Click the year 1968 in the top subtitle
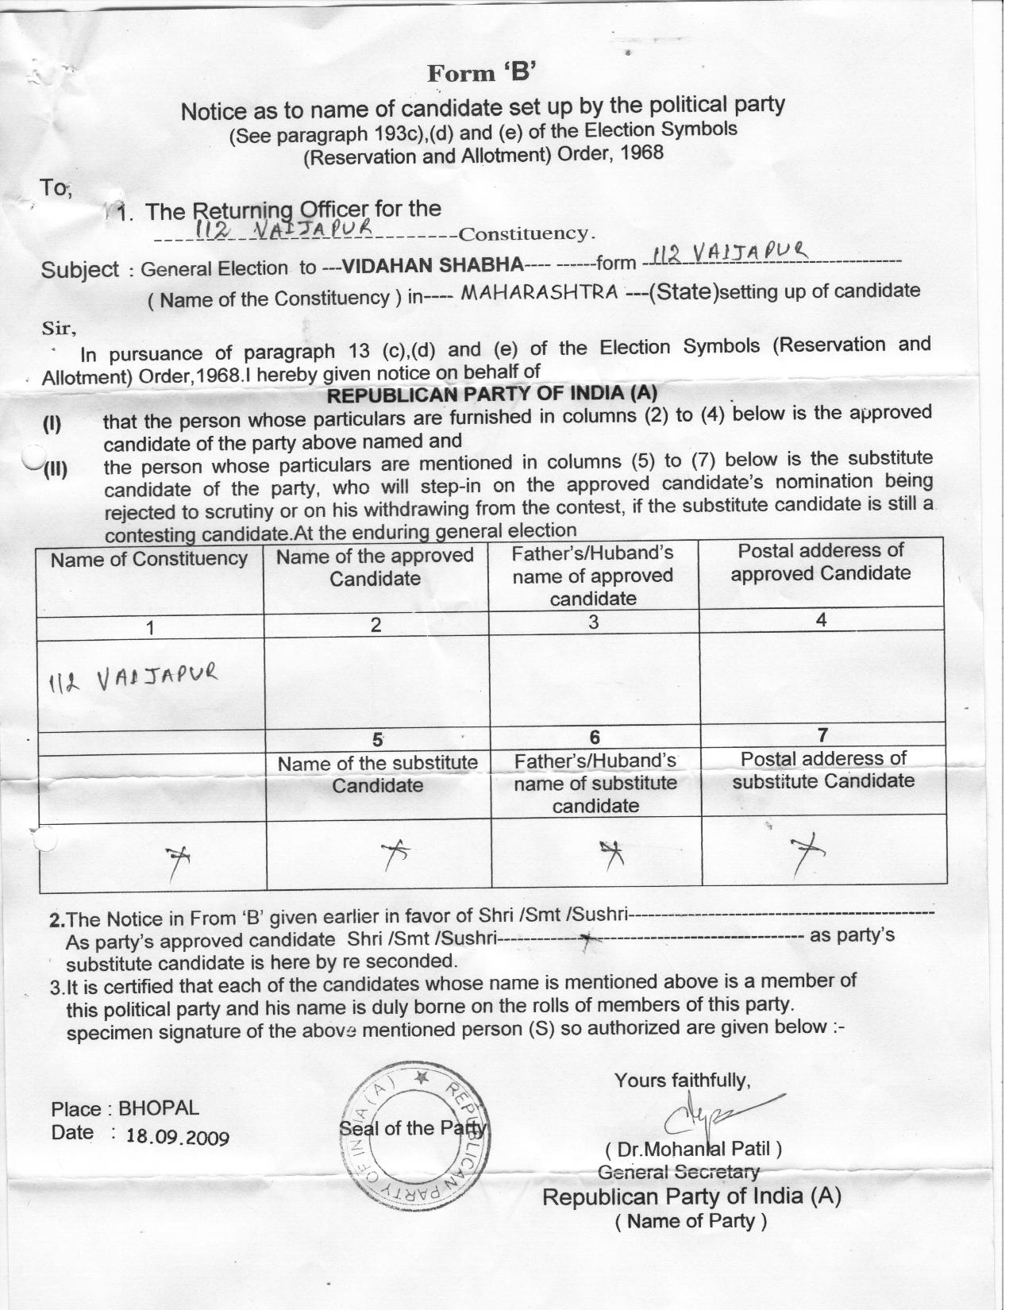642,152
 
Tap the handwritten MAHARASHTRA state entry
539,292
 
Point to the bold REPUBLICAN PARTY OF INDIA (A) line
492,394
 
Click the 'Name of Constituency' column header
149,560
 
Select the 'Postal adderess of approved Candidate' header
821,562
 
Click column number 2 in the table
376,625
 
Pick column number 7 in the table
822,734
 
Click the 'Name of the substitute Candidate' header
377,774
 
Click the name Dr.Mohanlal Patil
693,1149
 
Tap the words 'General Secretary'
678,1172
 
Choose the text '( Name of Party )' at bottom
691,1221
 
